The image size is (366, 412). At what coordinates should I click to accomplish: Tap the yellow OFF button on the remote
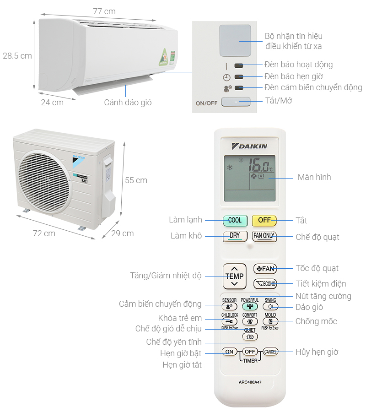264,220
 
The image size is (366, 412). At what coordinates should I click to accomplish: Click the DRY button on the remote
235,236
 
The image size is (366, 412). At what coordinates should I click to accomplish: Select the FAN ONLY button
264,236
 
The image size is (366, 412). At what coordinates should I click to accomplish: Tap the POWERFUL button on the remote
249,307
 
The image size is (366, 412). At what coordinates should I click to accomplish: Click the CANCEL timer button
270,352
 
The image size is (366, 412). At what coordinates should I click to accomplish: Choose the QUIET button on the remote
249,336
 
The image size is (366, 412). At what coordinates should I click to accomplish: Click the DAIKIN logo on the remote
250,146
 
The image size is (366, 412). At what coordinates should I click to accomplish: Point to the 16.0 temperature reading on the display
261,163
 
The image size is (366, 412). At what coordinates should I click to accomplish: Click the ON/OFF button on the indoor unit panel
236,101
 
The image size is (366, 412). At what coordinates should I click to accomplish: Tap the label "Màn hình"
314,177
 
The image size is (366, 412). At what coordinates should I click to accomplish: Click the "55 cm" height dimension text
136,180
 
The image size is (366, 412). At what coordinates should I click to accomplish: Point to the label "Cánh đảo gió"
128,103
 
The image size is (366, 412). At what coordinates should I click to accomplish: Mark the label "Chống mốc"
316,321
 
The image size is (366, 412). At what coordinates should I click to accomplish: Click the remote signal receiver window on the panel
235,40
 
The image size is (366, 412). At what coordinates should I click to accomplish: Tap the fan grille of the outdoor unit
44,182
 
